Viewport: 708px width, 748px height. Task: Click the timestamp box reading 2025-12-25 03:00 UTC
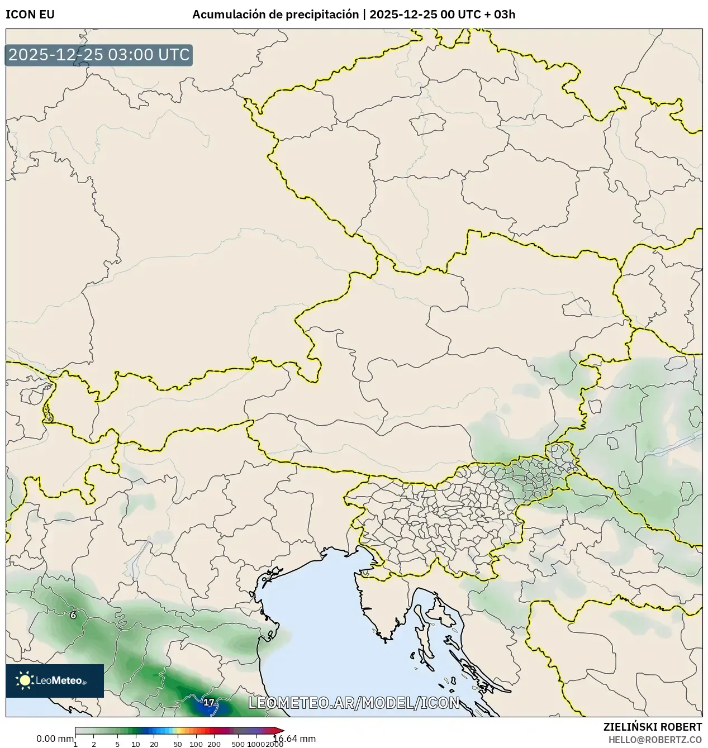99,55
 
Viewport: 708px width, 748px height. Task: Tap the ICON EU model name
30,15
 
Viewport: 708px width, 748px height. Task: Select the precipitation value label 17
208,702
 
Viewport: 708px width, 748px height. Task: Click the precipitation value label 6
73,615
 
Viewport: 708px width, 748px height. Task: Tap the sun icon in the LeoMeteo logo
25,680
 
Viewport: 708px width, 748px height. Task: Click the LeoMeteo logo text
60,680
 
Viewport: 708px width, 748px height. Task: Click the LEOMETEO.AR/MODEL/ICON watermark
354,703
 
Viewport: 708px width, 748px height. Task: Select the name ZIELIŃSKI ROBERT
653,727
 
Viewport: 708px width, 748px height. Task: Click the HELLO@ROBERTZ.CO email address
655,739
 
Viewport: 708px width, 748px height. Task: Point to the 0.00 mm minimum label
54,739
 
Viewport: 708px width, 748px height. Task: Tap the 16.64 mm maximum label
294,739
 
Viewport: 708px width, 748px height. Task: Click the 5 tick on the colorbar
117,744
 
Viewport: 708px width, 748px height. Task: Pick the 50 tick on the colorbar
178,744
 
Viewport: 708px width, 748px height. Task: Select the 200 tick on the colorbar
214,744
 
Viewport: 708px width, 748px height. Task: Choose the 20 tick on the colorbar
154,744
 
